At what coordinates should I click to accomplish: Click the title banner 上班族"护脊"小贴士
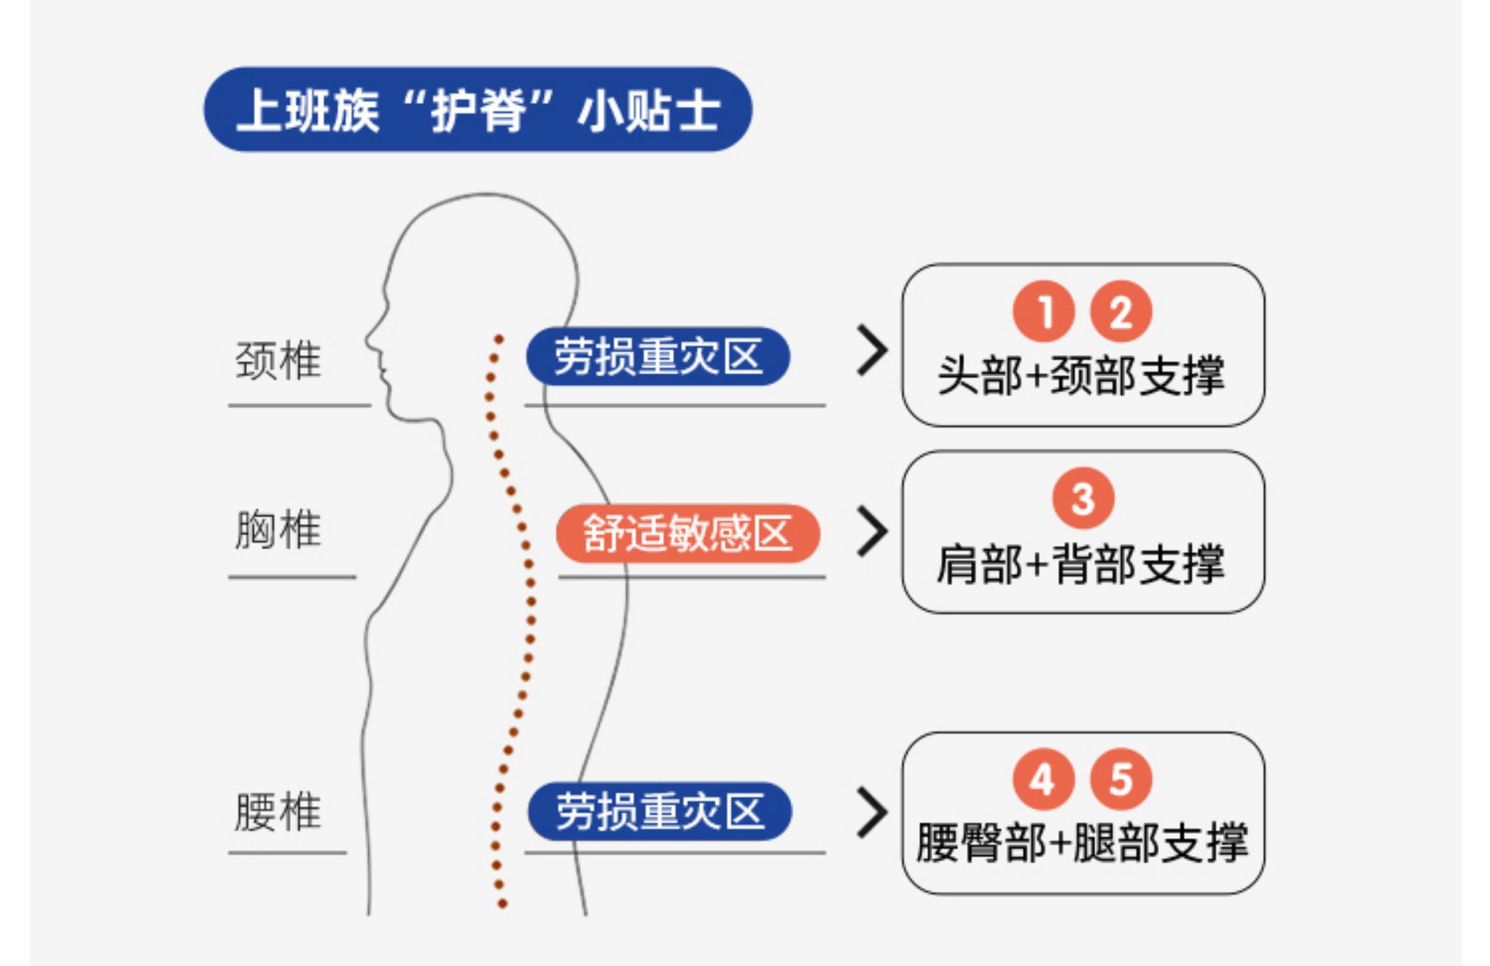478,109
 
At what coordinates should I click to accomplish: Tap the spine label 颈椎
278,360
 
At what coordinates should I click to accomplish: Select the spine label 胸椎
278,530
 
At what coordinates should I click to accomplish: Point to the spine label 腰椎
278,812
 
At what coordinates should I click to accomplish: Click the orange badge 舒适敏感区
687,533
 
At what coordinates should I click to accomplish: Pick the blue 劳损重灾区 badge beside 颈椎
658,356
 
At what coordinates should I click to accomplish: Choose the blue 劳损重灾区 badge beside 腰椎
660,811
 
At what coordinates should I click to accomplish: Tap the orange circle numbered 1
1044,311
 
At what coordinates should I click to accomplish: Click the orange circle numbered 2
1121,311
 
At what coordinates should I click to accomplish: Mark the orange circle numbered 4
1043,779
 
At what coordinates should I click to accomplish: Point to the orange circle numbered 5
1121,779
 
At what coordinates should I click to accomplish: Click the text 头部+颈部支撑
1081,375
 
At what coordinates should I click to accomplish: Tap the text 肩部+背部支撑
1081,564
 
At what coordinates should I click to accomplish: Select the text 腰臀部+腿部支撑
1082,843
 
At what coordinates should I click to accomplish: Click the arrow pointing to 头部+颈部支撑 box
872,351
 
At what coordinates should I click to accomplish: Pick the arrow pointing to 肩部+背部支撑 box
872,532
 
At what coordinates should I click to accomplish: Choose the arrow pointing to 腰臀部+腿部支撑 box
872,812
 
